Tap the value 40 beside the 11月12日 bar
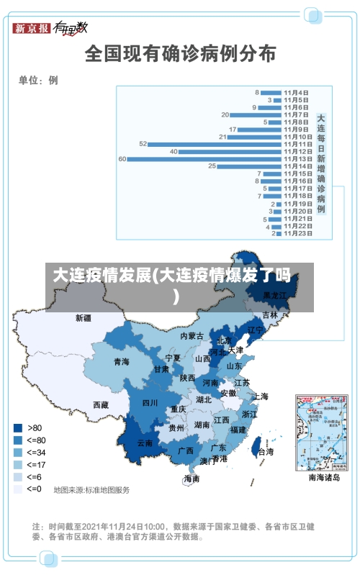tap(174, 152)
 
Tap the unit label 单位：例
tap(38, 80)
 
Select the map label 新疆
tap(84, 317)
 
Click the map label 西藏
tap(100, 404)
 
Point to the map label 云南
tap(145, 443)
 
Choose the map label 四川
tap(150, 402)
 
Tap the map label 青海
tap(121, 362)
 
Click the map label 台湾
tap(266, 452)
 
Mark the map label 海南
tap(192, 479)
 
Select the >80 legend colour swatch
tap(18, 427)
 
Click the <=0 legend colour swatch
tap(18, 489)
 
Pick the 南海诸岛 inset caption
tap(323, 477)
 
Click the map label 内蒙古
tap(192, 336)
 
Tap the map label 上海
tap(261, 396)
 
